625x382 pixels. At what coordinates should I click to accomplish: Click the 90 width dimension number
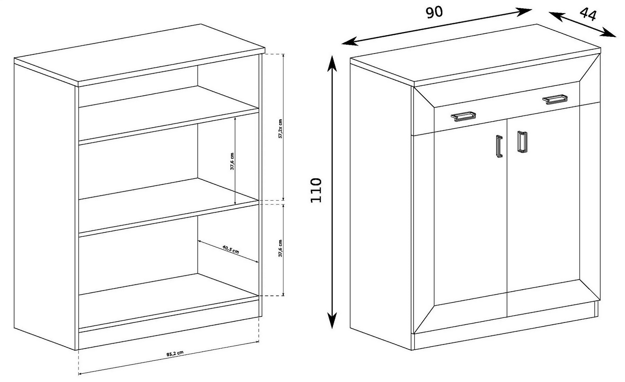pyautogui.click(x=434, y=12)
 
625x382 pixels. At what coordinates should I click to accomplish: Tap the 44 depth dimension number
pyautogui.click(x=588, y=15)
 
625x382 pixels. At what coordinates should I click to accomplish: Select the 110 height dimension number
pyautogui.click(x=316, y=190)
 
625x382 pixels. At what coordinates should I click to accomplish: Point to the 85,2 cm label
pyautogui.click(x=175, y=353)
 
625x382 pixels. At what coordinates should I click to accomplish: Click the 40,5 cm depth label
pyautogui.click(x=231, y=249)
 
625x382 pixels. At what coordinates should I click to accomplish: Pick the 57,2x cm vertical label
pyautogui.click(x=280, y=129)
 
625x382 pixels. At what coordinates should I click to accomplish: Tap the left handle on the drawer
pyautogui.click(x=463, y=116)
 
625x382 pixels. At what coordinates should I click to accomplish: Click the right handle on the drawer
pyautogui.click(x=555, y=99)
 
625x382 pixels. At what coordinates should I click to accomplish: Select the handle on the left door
pyautogui.click(x=499, y=146)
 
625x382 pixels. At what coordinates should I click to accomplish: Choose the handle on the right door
pyautogui.click(x=522, y=141)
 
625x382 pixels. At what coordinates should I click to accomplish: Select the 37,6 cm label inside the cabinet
pyautogui.click(x=232, y=161)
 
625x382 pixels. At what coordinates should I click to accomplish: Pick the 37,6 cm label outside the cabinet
pyautogui.click(x=280, y=248)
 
